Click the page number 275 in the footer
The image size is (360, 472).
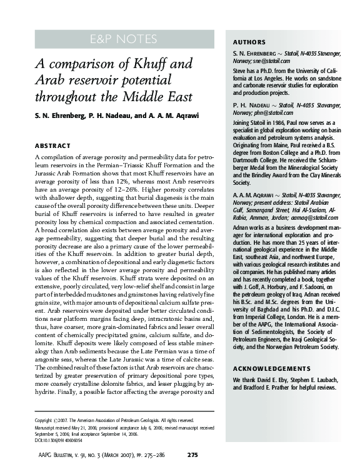click(x=193, y=454)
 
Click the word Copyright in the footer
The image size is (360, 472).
click(x=43, y=421)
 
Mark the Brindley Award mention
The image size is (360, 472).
click(x=269, y=176)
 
